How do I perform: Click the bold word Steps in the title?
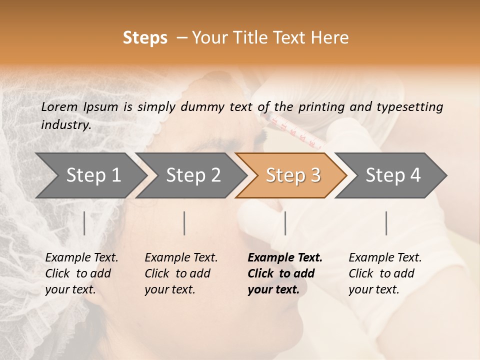(145, 38)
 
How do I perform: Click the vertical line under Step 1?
(84, 223)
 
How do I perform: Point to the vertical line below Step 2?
(184, 223)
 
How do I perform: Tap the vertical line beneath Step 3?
(285, 223)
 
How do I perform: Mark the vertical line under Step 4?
(386, 223)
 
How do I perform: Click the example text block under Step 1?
(81, 273)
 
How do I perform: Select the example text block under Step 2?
(181, 273)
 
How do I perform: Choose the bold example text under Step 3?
(285, 273)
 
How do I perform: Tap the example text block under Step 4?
(385, 273)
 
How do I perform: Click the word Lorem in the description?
(59, 106)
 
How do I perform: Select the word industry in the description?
(66, 125)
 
